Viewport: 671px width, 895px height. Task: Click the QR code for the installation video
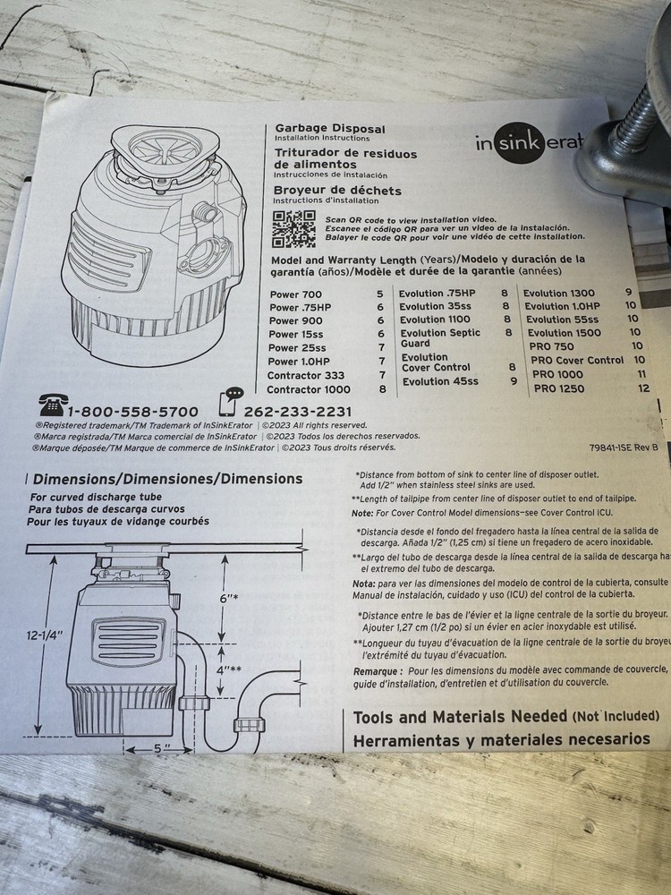[x=293, y=230]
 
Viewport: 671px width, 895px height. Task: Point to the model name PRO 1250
[x=559, y=388]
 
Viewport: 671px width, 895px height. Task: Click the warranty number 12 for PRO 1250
[x=643, y=388]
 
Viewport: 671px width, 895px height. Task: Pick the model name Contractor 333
[x=307, y=375]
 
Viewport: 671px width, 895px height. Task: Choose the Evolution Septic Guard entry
[x=439, y=337]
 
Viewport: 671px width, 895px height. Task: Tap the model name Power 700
[x=295, y=294]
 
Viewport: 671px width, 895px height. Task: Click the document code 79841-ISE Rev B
[x=624, y=446]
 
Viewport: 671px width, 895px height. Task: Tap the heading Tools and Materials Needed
[x=460, y=717]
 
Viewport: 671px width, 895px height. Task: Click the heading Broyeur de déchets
[x=337, y=191]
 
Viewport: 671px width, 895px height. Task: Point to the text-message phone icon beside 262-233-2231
[x=232, y=403]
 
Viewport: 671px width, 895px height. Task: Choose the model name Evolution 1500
[x=563, y=332]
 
